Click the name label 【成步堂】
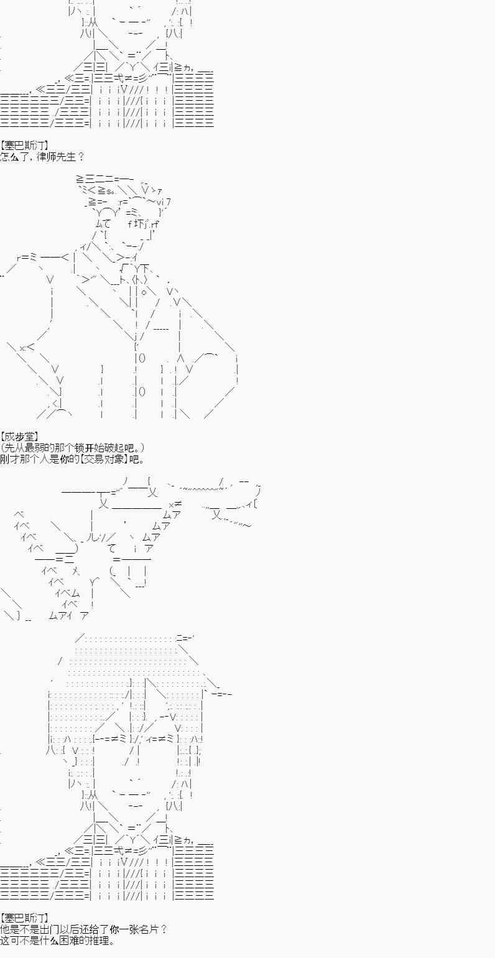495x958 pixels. (x=19, y=437)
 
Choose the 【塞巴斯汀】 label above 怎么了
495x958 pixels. (x=29, y=145)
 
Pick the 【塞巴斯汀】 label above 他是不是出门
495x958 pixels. (x=29, y=918)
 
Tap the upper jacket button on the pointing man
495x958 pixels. (x=141, y=358)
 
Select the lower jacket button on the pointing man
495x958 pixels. (x=141, y=391)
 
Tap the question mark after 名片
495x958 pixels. (x=164, y=929)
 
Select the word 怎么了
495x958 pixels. (x=12, y=156)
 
